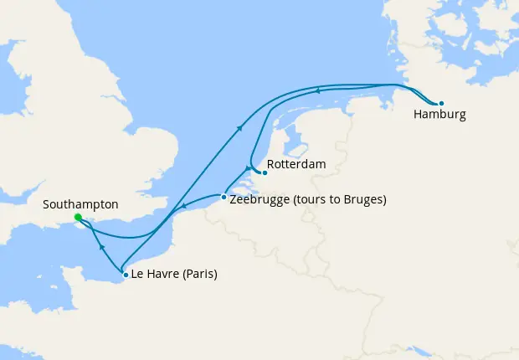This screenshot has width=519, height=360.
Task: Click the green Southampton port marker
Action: coord(78,219)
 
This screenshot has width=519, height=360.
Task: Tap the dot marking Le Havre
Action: coord(126,274)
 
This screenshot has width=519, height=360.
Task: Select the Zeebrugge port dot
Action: coord(224,198)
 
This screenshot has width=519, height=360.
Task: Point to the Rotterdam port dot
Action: coord(265,173)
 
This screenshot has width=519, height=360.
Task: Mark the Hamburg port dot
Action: coord(441,104)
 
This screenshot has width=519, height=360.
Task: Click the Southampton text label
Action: coord(80,204)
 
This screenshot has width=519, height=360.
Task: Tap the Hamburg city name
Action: coord(439,115)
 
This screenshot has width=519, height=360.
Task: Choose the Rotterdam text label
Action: coord(296,165)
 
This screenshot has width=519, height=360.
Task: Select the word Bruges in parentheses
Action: coord(362,199)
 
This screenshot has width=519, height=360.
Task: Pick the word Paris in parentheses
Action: coord(197,275)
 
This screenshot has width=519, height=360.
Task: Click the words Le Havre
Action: coord(153,275)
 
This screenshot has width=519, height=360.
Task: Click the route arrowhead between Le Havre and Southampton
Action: coord(100,248)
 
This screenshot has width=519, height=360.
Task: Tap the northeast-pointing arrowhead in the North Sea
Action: coord(240,127)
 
